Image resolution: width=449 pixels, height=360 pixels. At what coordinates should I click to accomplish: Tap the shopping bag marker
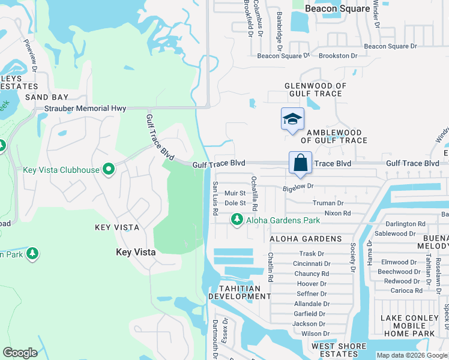300,163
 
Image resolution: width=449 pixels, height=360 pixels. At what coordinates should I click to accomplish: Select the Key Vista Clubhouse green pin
108,170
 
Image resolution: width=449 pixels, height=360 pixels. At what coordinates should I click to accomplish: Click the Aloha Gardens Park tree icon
238,220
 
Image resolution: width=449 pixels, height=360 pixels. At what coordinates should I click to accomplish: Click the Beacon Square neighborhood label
337,8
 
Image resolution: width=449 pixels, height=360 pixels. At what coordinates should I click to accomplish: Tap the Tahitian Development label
235,292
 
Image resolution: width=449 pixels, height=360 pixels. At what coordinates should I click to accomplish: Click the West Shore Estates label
339,350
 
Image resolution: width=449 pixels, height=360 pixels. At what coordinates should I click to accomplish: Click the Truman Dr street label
328,203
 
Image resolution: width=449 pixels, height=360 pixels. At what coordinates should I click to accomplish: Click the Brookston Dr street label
338,55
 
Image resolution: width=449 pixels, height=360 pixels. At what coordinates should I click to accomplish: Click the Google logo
20,353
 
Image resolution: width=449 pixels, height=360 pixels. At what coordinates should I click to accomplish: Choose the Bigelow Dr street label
298,187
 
